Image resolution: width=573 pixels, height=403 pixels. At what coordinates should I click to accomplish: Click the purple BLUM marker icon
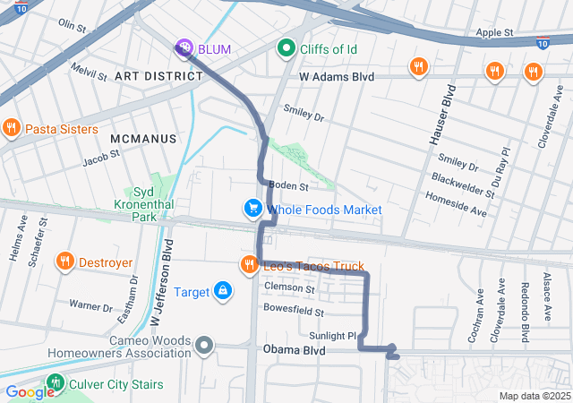[x=184, y=47]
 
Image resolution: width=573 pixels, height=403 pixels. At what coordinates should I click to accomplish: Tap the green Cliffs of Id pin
[x=286, y=47]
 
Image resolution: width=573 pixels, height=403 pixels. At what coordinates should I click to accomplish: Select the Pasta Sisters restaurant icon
[x=11, y=128]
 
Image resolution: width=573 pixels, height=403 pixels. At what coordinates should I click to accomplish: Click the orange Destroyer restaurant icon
[x=64, y=262]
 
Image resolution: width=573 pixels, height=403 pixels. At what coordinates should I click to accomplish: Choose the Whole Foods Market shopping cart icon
[x=253, y=209]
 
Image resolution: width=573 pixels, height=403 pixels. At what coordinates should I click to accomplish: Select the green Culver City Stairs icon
[x=56, y=383]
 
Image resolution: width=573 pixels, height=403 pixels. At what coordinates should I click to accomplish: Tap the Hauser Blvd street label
[x=451, y=113]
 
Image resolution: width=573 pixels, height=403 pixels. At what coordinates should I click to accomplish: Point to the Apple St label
[x=494, y=32]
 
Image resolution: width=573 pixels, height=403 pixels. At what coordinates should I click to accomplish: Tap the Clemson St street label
[x=289, y=287]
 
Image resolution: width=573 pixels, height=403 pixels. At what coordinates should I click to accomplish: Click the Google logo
[x=29, y=391]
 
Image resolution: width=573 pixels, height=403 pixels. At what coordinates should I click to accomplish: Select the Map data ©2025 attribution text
[x=534, y=396]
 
